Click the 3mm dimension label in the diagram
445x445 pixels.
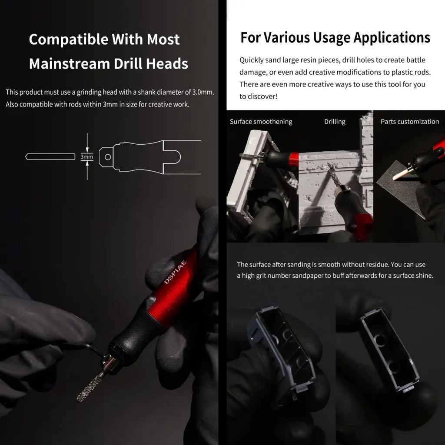point(86,156)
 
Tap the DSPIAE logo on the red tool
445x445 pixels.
point(176,272)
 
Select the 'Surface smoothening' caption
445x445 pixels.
point(261,122)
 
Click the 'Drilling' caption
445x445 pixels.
point(335,122)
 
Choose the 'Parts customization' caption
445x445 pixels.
point(409,122)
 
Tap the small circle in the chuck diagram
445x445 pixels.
point(108,157)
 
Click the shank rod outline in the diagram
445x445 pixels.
point(50,156)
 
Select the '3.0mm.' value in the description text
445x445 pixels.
point(203,92)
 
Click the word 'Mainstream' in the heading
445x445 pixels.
point(70,63)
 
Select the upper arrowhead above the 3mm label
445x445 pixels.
point(87,150)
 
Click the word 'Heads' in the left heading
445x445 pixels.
point(167,63)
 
